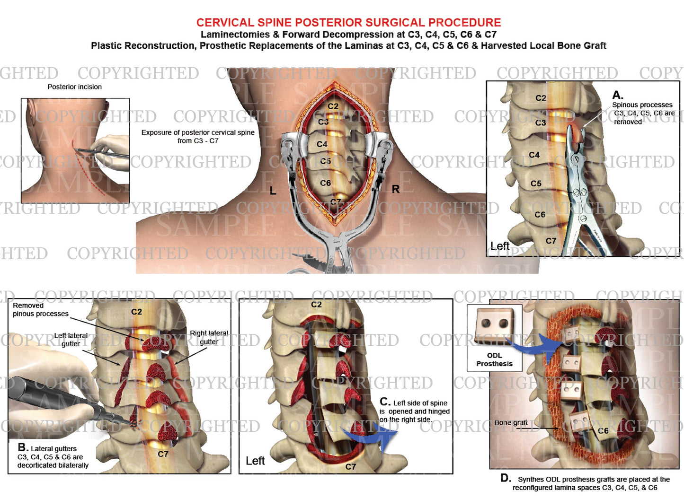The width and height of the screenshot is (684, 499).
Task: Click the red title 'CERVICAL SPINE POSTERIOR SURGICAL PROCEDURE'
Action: click(348, 22)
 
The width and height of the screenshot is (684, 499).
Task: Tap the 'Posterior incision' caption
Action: click(74, 87)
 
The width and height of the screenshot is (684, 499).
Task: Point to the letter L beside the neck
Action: click(273, 191)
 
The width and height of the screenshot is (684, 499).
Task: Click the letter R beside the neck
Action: click(396, 189)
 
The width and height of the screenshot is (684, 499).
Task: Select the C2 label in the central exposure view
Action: click(333, 106)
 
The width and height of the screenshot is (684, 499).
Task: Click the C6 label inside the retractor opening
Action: click(325, 183)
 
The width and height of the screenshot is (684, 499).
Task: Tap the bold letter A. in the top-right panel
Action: click(618, 95)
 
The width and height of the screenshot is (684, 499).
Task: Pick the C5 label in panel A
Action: click(536, 184)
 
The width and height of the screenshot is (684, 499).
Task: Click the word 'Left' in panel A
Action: click(500, 246)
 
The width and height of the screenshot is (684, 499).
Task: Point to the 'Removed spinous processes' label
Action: click(40, 310)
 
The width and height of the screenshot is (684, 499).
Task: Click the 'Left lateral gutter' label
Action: click(71, 339)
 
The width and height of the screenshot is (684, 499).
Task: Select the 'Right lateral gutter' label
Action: click(209, 337)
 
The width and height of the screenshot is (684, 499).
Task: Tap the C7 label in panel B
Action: click(163, 454)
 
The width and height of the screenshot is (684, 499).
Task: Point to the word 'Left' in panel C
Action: click(255, 461)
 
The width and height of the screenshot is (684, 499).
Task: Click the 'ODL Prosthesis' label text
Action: click(494, 359)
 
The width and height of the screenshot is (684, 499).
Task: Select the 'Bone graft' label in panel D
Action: click(511, 422)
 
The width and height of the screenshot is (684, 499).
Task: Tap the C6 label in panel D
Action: click(603, 431)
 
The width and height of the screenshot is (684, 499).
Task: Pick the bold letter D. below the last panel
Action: click(506, 478)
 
